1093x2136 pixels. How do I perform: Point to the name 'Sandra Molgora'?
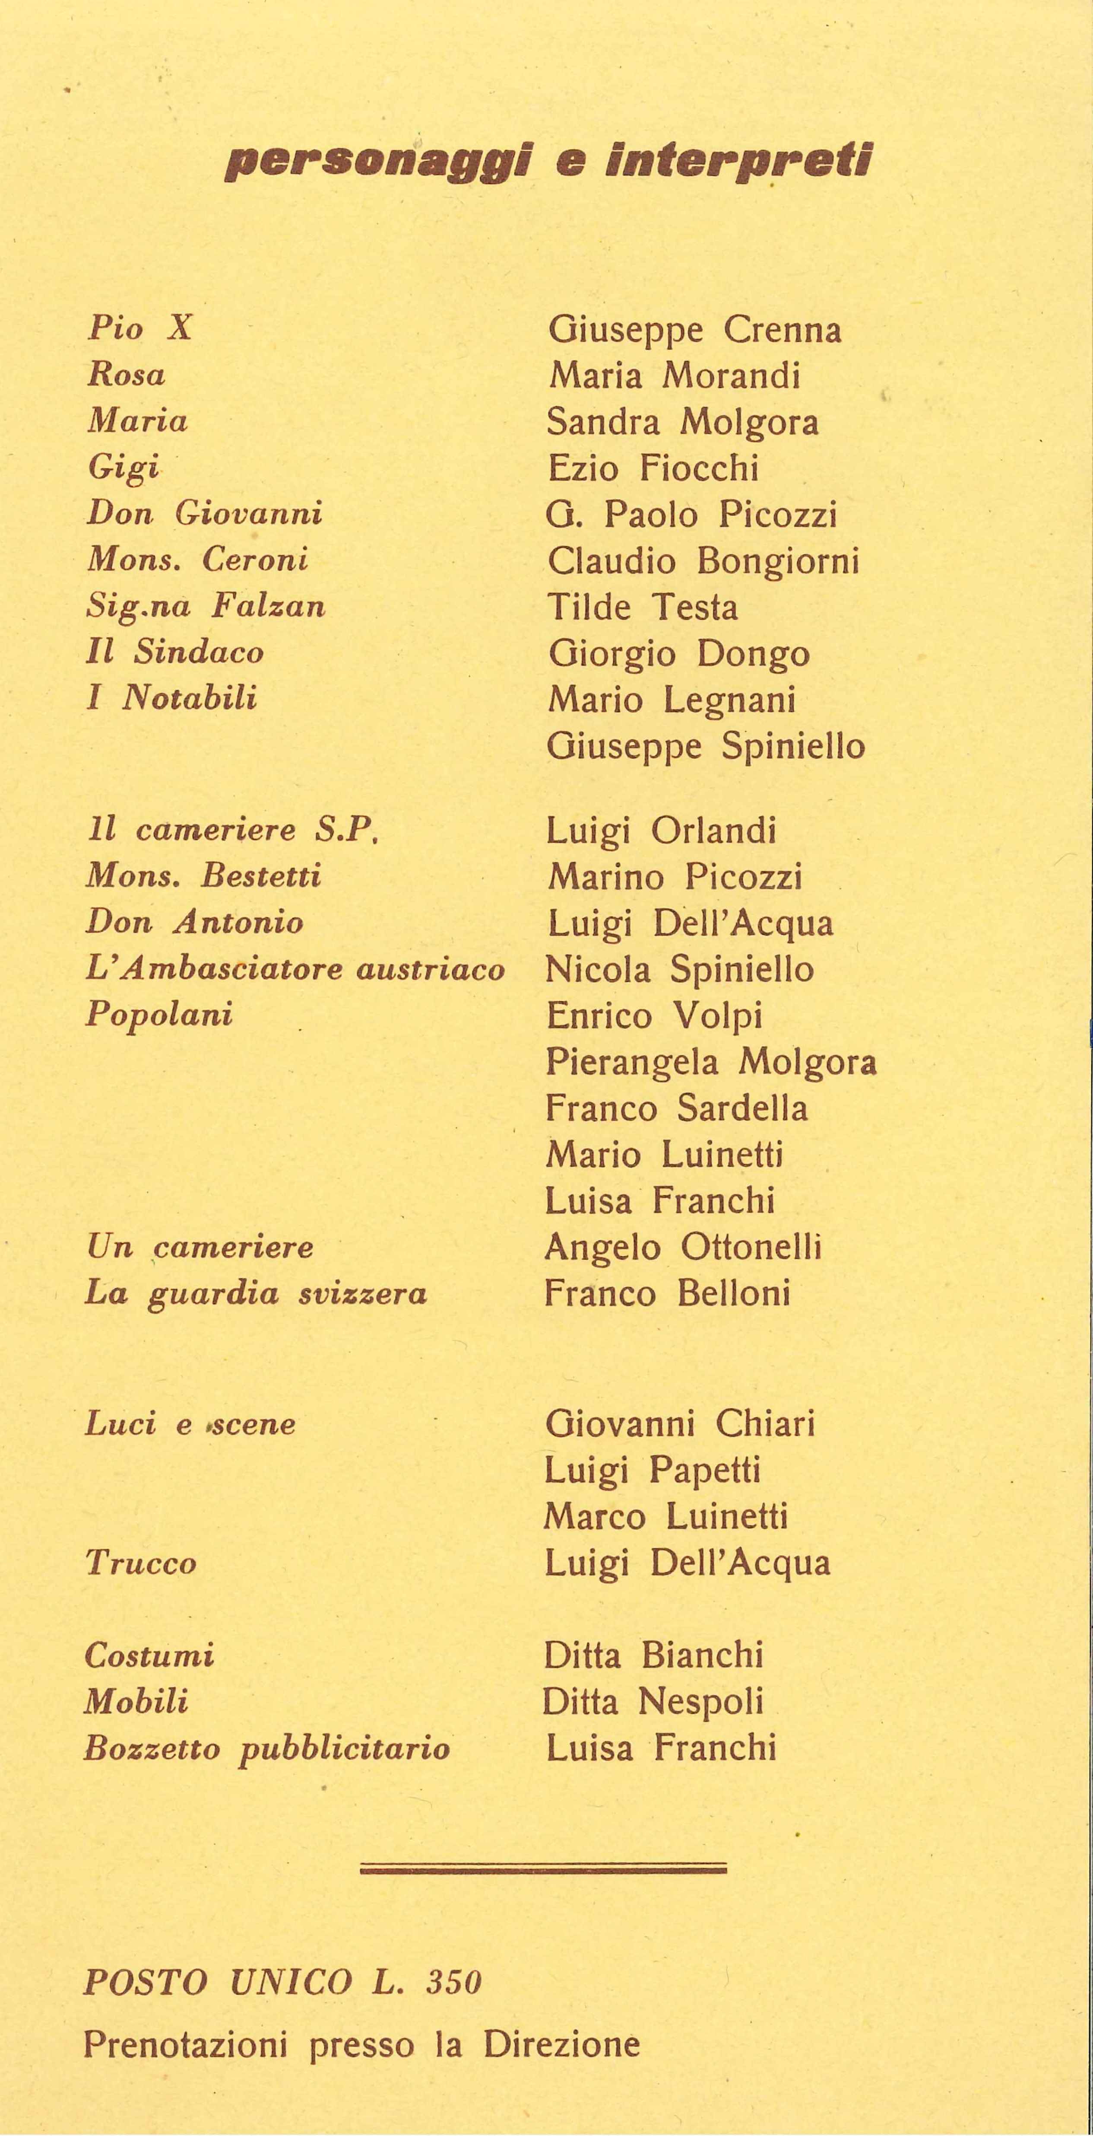click(682, 423)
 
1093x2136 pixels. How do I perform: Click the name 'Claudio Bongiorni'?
click(703, 561)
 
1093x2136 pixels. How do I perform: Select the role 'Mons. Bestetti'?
click(203, 875)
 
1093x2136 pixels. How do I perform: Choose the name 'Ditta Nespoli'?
click(652, 1702)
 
